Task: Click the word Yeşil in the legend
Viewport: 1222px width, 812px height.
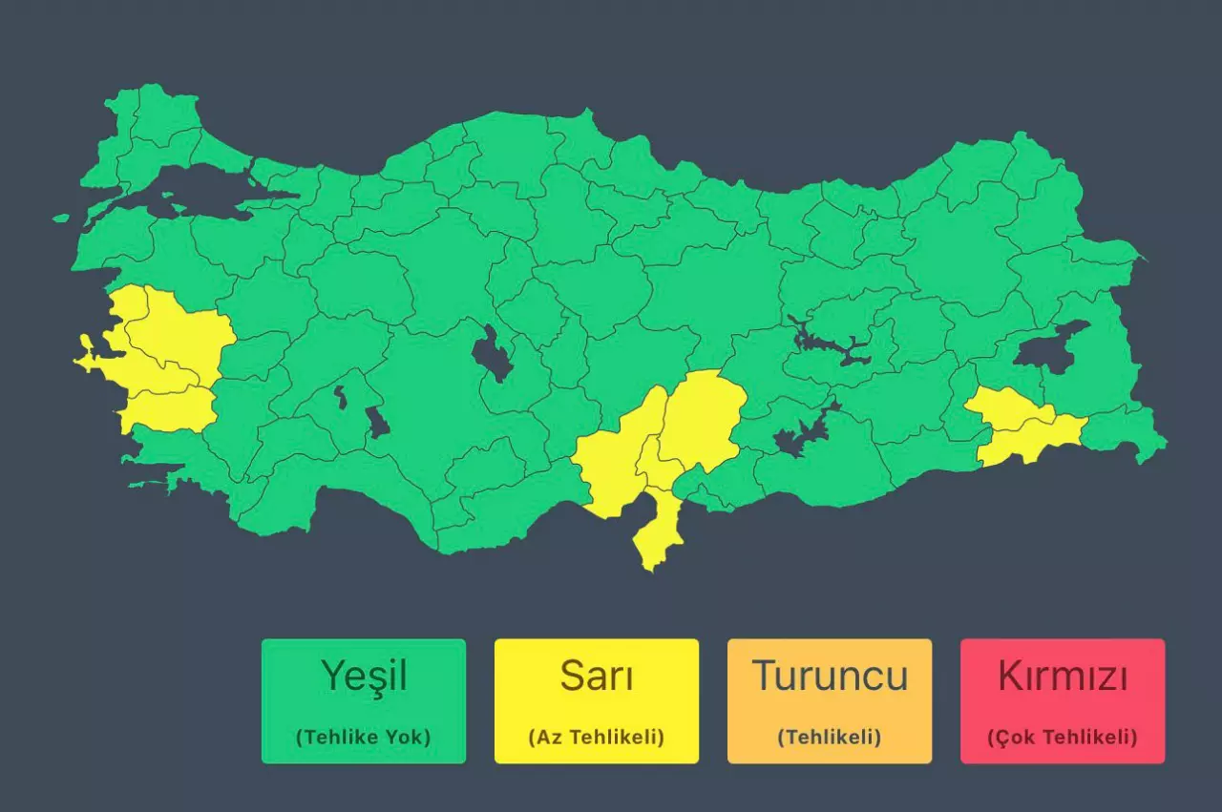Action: pyautogui.click(x=364, y=677)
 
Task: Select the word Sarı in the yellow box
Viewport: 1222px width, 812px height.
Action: pyautogui.click(x=597, y=677)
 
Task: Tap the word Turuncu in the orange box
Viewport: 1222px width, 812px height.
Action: pyautogui.click(x=830, y=677)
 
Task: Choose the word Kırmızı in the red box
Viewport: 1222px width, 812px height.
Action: pyautogui.click(x=1063, y=677)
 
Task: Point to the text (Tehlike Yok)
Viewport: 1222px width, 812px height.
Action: pyautogui.click(x=364, y=738)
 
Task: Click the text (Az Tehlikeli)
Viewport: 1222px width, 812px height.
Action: pyautogui.click(x=597, y=738)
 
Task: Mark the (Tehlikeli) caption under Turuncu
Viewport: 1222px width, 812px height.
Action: pyautogui.click(x=830, y=738)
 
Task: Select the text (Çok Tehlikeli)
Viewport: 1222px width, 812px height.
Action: pyautogui.click(x=1063, y=738)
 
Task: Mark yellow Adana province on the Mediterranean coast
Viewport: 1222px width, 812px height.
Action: pyautogui.click(x=611, y=458)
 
